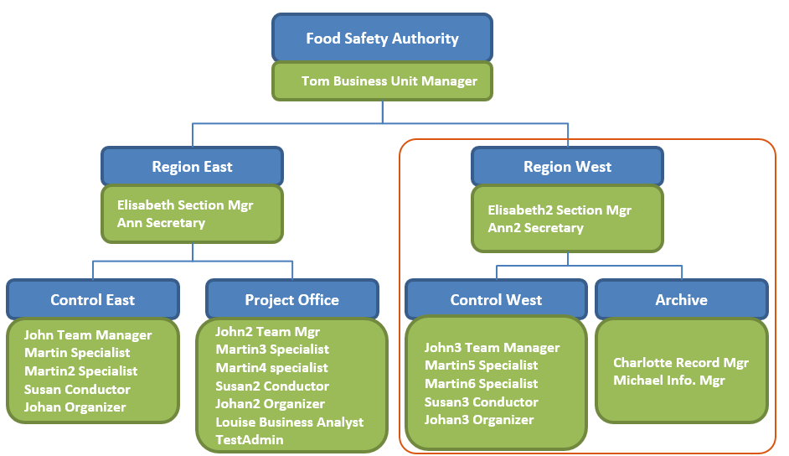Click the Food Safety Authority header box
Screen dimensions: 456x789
(x=382, y=39)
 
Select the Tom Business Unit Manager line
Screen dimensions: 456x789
(x=389, y=81)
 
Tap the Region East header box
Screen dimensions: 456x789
(x=192, y=167)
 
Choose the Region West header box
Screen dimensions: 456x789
(x=567, y=167)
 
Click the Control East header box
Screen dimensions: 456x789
(x=92, y=300)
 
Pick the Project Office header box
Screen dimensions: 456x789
(x=291, y=300)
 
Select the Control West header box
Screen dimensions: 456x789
(x=496, y=300)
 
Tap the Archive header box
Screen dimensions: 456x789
(x=681, y=300)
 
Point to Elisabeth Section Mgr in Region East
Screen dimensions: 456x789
(x=185, y=205)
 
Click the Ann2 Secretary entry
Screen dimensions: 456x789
(x=535, y=228)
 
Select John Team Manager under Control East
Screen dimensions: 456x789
(x=88, y=335)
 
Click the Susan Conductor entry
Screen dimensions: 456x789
(x=77, y=390)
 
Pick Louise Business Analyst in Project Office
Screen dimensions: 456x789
(x=289, y=422)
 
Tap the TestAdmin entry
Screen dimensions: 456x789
(x=249, y=440)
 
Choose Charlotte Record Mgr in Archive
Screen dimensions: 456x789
(x=680, y=363)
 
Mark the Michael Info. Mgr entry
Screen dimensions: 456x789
(x=668, y=381)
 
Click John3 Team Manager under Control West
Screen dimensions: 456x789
(x=492, y=348)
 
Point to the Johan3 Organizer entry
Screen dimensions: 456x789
(x=479, y=420)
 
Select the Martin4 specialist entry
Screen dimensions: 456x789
(x=271, y=368)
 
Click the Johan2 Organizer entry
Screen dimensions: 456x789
(x=270, y=404)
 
